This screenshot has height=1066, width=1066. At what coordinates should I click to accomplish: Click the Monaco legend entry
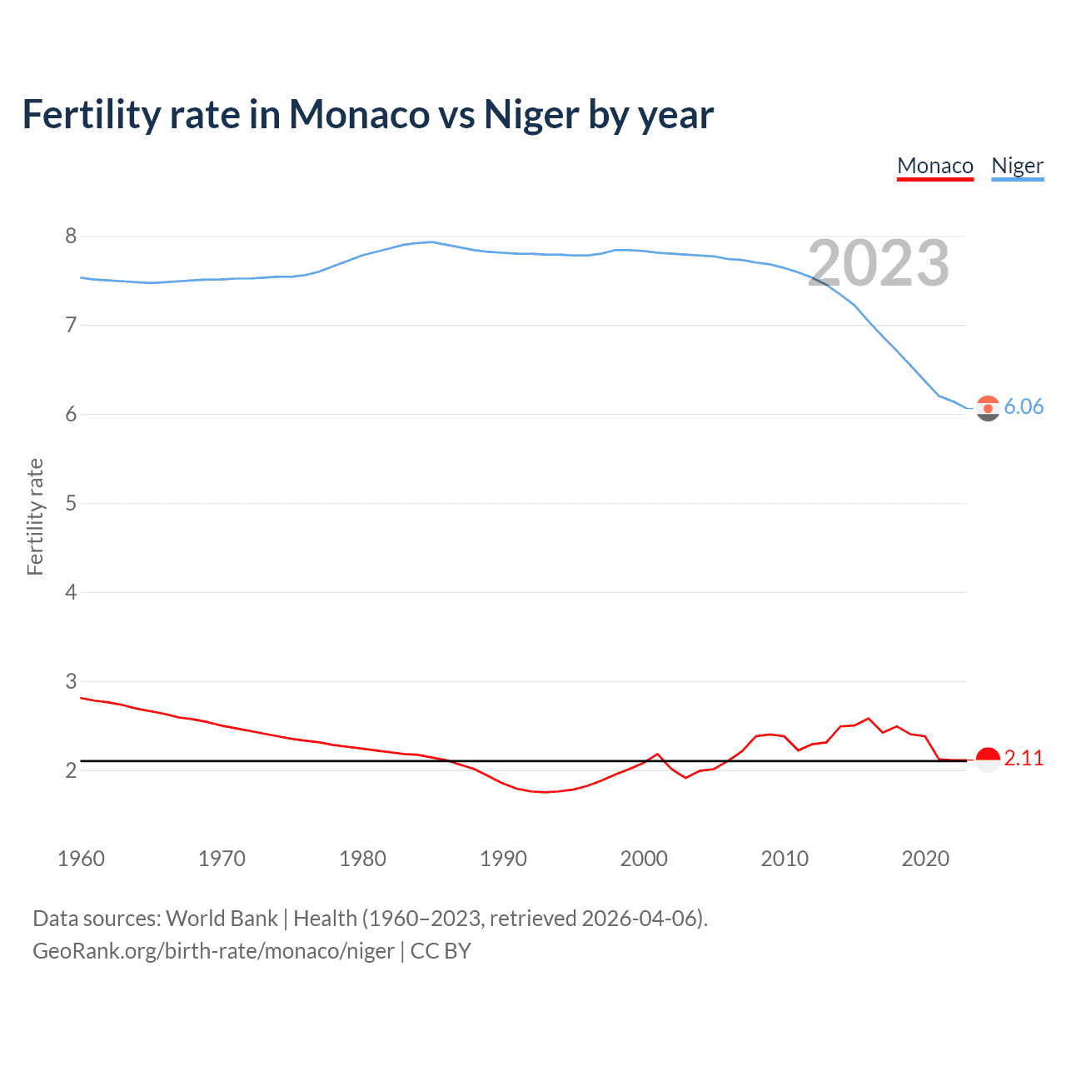tap(935, 167)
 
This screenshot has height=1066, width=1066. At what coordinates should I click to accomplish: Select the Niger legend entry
tap(1017, 167)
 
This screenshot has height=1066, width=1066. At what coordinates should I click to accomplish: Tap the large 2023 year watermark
tap(879, 263)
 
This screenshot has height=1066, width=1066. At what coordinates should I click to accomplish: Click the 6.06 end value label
tap(1024, 406)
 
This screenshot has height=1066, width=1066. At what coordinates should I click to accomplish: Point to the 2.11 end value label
tap(1024, 759)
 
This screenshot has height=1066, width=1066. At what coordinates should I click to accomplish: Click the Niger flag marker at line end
tap(988, 408)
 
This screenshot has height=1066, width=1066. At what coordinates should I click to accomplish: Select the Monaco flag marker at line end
tap(988, 760)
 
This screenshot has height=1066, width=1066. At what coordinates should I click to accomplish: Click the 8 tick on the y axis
tap(71, 237)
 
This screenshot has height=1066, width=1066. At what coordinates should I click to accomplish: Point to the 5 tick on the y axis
tap(71, 503)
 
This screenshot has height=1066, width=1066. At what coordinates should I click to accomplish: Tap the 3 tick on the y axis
tap(71, 681)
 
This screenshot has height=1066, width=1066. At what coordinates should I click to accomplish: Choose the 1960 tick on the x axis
tap(81, 859)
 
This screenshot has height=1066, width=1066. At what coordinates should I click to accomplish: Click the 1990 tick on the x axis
tap(503, 859)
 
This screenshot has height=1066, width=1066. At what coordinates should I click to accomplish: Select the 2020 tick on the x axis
tap(925, 859)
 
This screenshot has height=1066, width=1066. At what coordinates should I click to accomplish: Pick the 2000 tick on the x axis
tap(644, 859)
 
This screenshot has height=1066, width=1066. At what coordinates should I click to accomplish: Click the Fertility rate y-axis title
tap(35, 516)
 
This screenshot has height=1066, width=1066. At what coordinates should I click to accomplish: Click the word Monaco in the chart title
tap(359, 115)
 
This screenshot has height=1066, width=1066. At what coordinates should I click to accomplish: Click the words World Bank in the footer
tap(222, 919)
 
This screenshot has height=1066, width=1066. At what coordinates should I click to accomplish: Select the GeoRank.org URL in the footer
tap(213, 951)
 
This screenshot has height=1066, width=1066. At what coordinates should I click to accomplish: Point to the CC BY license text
tap(441, 951)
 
